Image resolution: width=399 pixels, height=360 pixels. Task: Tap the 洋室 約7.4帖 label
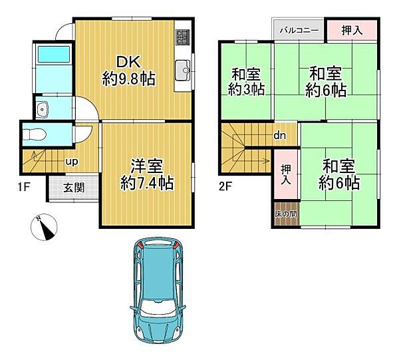coord(146,174)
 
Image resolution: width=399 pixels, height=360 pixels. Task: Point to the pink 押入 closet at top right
coord(352,30)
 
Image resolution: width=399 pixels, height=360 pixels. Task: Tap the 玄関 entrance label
coord(73,188)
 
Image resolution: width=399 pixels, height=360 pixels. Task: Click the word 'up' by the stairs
coord(70,161)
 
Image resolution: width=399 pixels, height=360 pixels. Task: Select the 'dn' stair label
coord(280,136)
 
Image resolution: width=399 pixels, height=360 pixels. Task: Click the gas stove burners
coord(184,37)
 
